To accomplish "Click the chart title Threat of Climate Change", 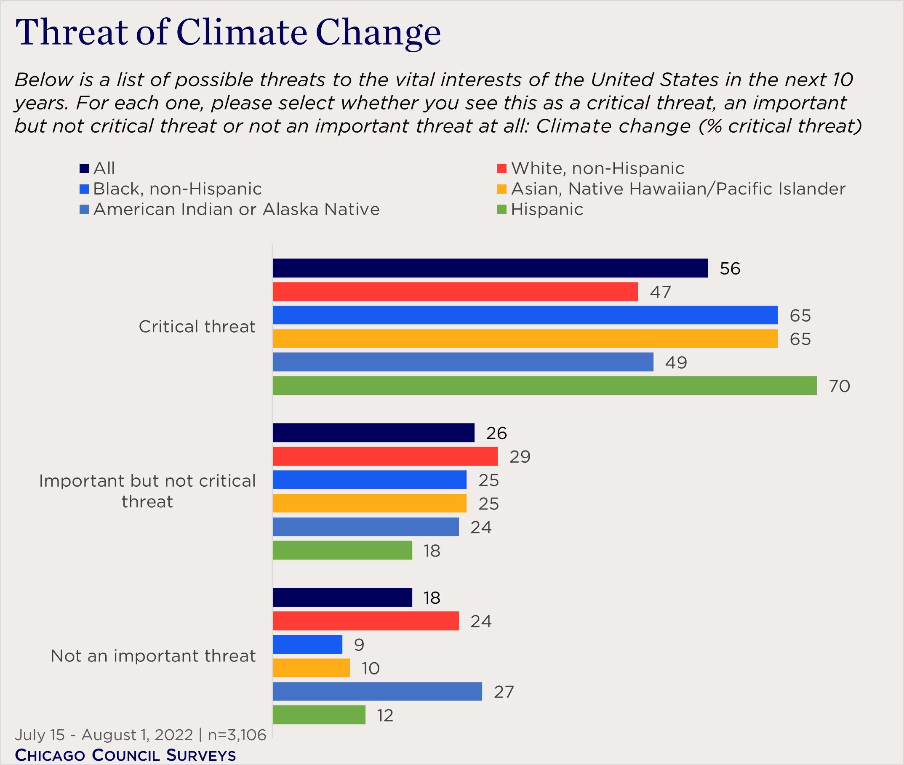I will click(x=228, y=32).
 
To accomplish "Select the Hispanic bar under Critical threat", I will click(x=544, y=386).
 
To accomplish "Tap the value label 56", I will click(x=730, y=269).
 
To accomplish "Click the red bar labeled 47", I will click(x=455, y=291).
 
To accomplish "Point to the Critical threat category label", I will click(x=197, y=327).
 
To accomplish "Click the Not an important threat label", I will click(x=153, y=656).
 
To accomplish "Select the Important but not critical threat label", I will click(x=147, y=491).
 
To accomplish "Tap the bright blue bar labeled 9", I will click(x=307, y=645).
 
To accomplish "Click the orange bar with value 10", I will click(x=311, y=668).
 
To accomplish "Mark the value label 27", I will click(x=504, y=692).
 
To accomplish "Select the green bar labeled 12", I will click(x=319, y=715).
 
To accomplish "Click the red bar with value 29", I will click(x=385, y=456).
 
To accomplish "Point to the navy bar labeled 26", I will click(x=373, y=433).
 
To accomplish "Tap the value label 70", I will click(x=839, y=386).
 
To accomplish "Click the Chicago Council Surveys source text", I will click(x=125, y=755).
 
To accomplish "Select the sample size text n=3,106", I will click(x=237, y=735).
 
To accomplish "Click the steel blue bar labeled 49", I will click(x=463, y=362).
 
